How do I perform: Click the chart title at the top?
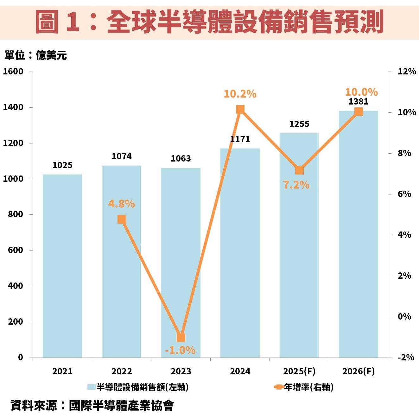[x=209, y=22]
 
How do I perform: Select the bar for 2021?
[x=62, y=266]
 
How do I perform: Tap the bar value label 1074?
[x=122, y=156]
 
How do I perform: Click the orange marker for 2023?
[x=181, y=338]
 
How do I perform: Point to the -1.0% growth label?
[x=180, y=350]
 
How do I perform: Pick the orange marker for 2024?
[x=240, y=110]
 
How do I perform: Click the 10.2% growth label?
[x=240, y=94]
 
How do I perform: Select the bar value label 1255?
[x=299, y=124]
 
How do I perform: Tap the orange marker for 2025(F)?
[x=299, y=170]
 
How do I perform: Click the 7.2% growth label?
[x=296, y=185]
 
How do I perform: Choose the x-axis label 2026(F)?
[x=359, y=371]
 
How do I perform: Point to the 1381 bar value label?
[x=359, y=102]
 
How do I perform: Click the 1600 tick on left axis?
[x=13, y=72]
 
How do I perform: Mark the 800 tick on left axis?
[x=16, y=214]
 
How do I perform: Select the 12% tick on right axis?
[x=407, y=72]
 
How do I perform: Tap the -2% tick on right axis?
[x=406, y=358]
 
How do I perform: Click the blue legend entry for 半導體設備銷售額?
[x=138, y=387]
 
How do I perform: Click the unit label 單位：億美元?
[x=35, y=55]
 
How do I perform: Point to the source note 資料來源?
[x=92, y=405]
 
